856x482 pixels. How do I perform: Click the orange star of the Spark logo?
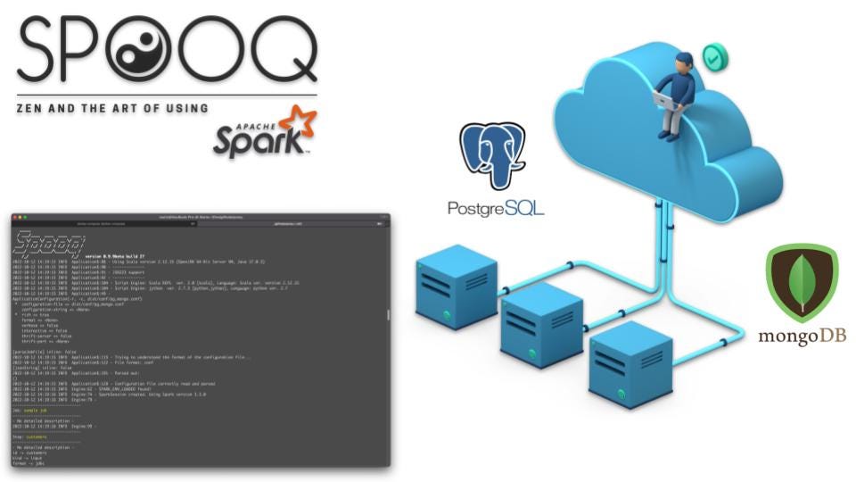[297, 124]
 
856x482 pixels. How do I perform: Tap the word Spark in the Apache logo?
[250, 141]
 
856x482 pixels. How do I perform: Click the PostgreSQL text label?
[496, 209]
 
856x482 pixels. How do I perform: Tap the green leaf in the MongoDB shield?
[802, 280]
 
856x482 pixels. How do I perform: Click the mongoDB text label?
[802, 337]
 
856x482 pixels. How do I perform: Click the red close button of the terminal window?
[15, 218]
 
